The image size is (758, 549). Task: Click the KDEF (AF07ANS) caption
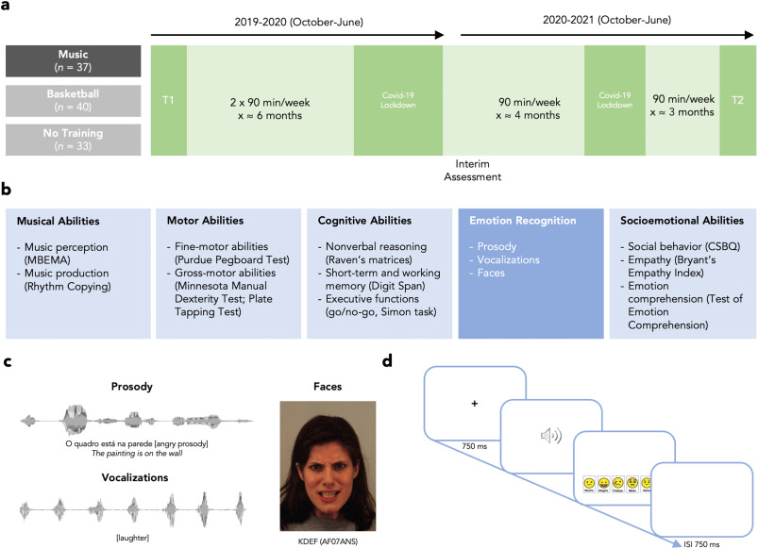pos(327,541)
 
